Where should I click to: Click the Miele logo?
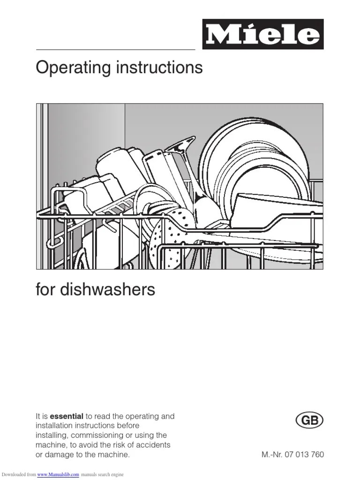pos(263,34)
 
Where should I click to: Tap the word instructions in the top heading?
pos(165,68)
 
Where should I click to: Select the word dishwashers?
pos(107,290)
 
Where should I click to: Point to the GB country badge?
pos(310,421)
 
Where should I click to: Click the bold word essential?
pos(67,416)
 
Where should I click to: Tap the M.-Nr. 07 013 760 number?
pos(292,455)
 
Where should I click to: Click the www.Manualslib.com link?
pos(58,475)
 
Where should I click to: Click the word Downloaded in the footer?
pos(18,475)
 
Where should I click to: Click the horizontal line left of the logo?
pos(115,49)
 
